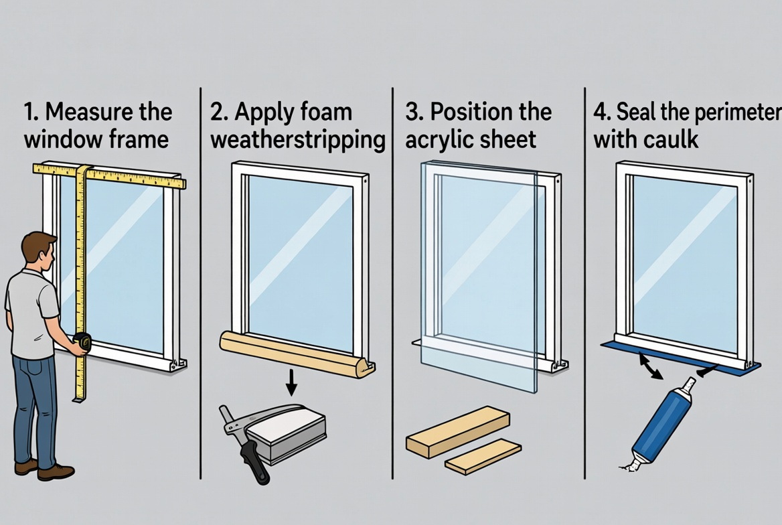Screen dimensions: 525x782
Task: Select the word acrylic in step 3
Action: tap(436, 139)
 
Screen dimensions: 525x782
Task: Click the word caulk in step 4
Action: tap(672, 139)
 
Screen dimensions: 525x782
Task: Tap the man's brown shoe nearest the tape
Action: tap(56, 471)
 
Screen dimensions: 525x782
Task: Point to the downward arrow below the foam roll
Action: tap(291, 382)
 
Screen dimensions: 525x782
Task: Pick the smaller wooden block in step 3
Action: tap(483, 457)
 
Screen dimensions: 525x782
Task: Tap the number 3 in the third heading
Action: tap(413, 111)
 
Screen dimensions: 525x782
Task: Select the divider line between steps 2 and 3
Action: tap(392, 281)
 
